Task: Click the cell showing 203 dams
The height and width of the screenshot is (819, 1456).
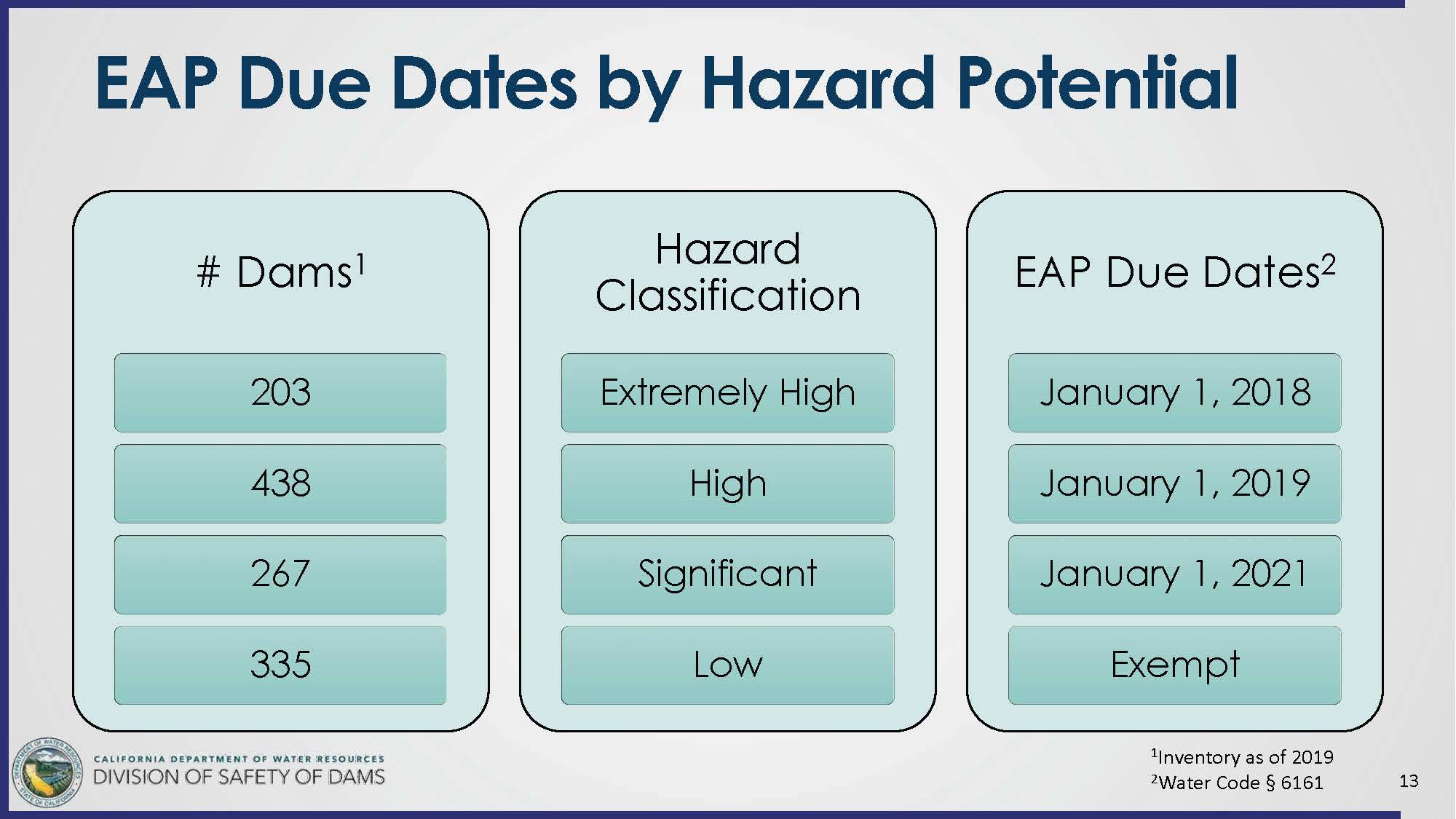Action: (x=280, y=392)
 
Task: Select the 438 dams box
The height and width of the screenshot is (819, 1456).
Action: (x=280, y=483)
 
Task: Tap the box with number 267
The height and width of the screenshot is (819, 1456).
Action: (x=280, y=574)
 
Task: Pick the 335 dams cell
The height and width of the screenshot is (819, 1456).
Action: (x=280, y=665)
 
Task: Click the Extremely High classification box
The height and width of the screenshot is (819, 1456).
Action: (x=727, y=392)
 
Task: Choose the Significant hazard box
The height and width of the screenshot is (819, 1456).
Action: (x=727, y=574)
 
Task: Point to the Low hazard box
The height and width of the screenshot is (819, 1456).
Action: (x=727, y=665)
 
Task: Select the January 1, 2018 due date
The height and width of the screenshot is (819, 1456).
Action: (x=1174, y=392)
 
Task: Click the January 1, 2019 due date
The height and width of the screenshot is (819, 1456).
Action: (x=1174, y=483)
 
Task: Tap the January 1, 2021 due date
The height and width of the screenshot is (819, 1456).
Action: (x=1174, y=574)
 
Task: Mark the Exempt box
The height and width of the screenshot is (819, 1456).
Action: (x=1174, y=665)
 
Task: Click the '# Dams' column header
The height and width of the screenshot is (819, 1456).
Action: (x=280, y=272)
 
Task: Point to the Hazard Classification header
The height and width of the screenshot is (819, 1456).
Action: (x=727, y=272)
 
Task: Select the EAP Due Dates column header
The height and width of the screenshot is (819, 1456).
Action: (x=1175, y=272)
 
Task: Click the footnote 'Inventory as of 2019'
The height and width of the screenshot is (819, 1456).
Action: (x=1242, y=757)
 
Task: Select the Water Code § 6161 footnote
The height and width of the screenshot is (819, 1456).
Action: (x=1237, y=783)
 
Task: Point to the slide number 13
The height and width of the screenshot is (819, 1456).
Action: (x=1409, y=781)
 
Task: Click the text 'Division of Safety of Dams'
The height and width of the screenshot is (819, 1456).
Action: (x=239, y=778)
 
